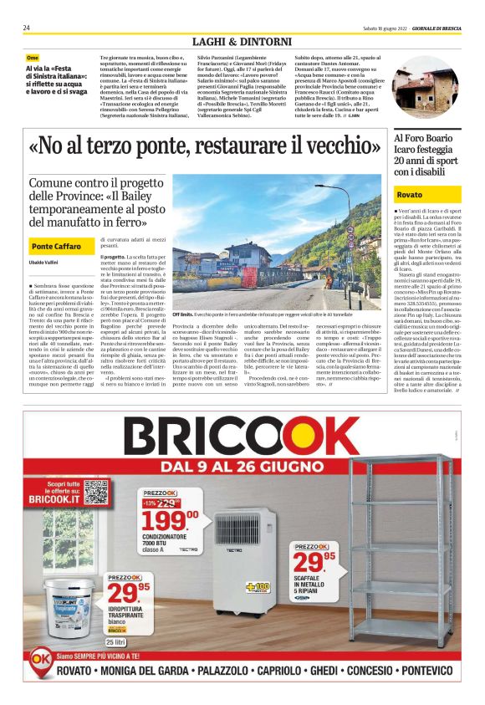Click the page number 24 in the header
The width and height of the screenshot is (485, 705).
27,28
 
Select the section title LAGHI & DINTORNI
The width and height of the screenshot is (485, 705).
242,41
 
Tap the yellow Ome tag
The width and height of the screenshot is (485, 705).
33,58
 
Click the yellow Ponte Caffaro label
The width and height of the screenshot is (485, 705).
56,247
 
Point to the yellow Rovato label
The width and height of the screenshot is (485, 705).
410,194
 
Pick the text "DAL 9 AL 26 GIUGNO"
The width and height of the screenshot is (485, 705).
242,464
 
